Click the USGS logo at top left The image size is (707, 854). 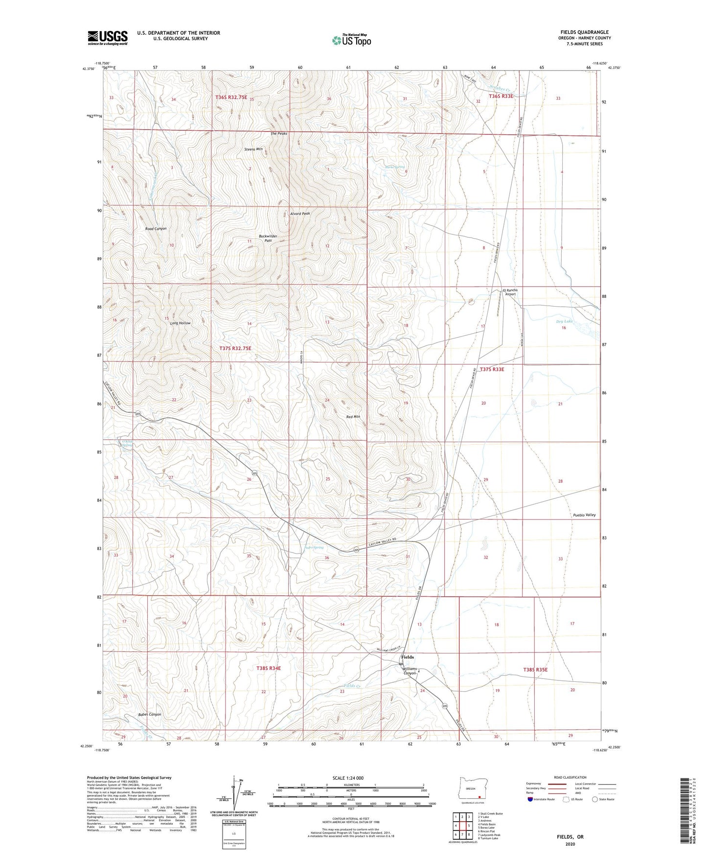click(x=108, y=38)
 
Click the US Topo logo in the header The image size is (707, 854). click(x=351, y=40)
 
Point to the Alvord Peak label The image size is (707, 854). click(x=300, y=214)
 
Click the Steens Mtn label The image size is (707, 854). click(x=254, y=149)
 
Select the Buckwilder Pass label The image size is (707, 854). click(x=268, y=238)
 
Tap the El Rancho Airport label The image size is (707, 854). click(x=510, y=292)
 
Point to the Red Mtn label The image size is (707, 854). click(x=353, y=417)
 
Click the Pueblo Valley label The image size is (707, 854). click(x=584, y=515)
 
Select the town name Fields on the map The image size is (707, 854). click(x=408, y=657)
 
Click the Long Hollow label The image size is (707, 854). click(x=180, y=323)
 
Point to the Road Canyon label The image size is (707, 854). click(x=156, y=228)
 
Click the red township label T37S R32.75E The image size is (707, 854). click(x=235, y=348)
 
